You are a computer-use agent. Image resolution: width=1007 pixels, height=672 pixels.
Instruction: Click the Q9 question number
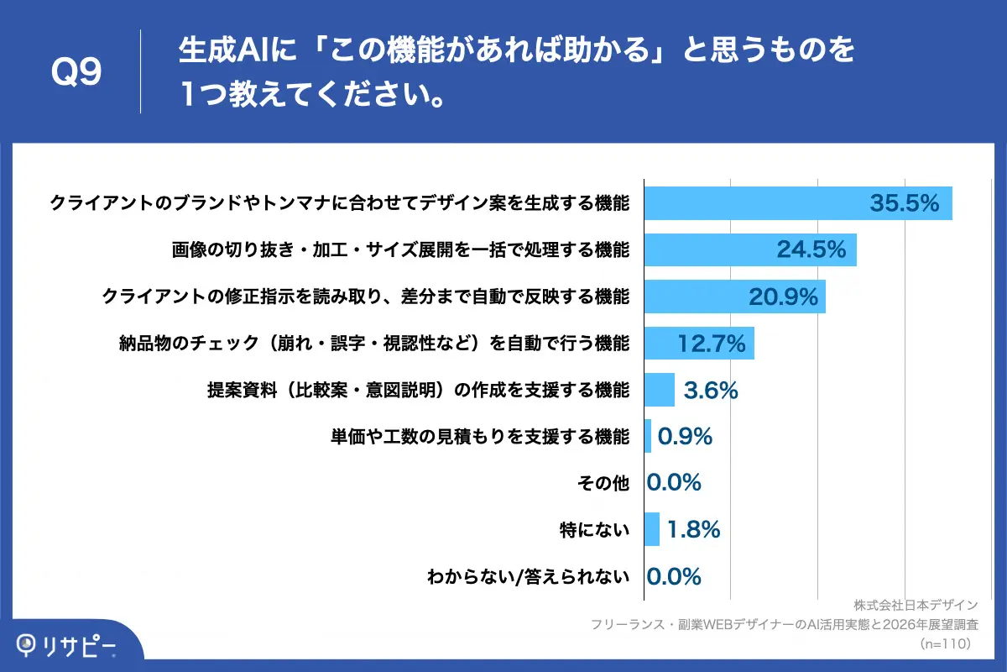(77, 73)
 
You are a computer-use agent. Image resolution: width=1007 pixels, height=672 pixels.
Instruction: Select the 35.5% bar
(797, 203)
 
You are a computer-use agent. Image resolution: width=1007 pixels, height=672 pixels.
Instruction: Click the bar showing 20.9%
(734, 297)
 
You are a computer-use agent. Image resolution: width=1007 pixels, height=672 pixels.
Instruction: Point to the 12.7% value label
(712, 343)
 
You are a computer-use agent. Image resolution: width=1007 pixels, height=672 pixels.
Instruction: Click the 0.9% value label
(685, 437)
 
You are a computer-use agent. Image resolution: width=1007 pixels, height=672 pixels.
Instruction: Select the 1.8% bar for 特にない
(651, 529)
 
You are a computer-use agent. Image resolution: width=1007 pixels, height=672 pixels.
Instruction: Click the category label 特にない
(593, 530)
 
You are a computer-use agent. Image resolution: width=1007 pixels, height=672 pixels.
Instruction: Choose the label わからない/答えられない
(528, 576)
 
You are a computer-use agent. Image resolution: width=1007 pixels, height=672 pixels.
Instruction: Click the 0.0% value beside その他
(674, 483)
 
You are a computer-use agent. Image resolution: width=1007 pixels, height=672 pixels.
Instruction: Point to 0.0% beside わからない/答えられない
(674, 576)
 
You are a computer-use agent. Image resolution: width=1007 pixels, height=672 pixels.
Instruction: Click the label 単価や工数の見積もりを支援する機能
(479, 437)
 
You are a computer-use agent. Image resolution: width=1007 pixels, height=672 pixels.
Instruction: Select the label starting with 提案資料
(418, 390)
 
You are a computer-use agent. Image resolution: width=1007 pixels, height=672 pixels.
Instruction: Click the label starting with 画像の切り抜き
(400, 249)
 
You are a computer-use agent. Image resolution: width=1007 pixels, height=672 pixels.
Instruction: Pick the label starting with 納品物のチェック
(374, 343)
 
